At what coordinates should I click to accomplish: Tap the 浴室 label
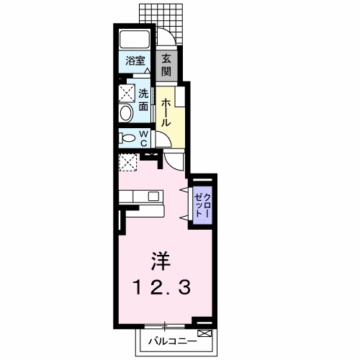pyautogui.click(x=135, y=62)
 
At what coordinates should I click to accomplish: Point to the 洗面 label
pyautogui.click(x=144, y=100)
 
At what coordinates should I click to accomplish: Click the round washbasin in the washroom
pyautogui.click(x=127, y=113)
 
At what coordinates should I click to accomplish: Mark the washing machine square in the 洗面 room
pyautogui.click(x=127, y=92)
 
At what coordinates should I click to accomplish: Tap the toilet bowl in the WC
pyautogui.click(x=127, y=138)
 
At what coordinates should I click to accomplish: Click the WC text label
pyautogui.click(x=144, y=138)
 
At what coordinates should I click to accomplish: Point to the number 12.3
pyautogui.click(x=161, y=288)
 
